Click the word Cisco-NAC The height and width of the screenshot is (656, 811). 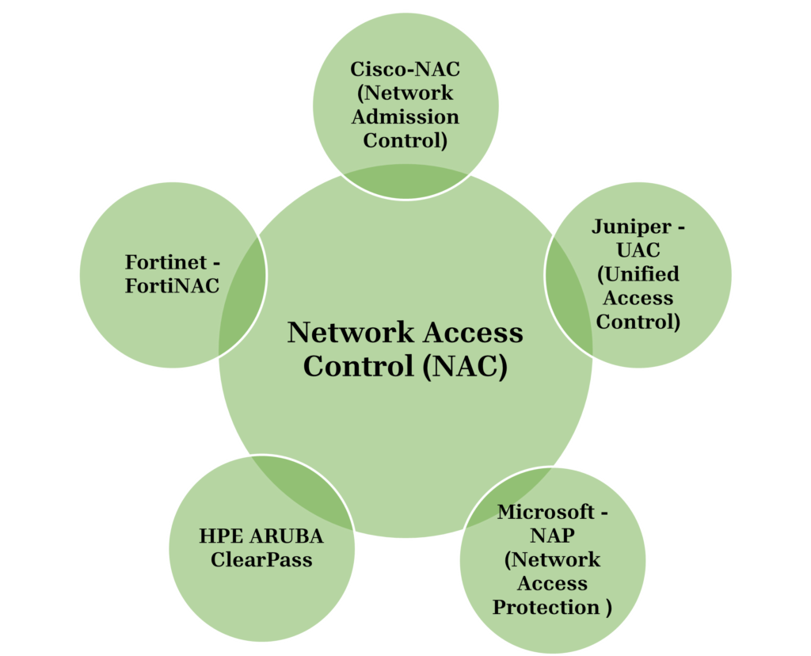click(x=405, y=69)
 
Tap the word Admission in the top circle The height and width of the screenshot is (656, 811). click(x=405, y=116)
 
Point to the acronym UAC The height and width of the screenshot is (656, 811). click(x=638, y=250)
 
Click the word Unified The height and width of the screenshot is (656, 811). click(x=638, y=274)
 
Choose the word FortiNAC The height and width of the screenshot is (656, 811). click(x=172, y=286)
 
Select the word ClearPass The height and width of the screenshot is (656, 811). click(x=261, y=560)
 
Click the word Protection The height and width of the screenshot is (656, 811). click(x=546, y=608)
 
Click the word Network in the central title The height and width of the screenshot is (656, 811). click(x=341, y=332)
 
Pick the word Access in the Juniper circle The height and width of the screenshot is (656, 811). click(x=638, y=298)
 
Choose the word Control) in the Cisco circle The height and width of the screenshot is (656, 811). click(x=405, y=140)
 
